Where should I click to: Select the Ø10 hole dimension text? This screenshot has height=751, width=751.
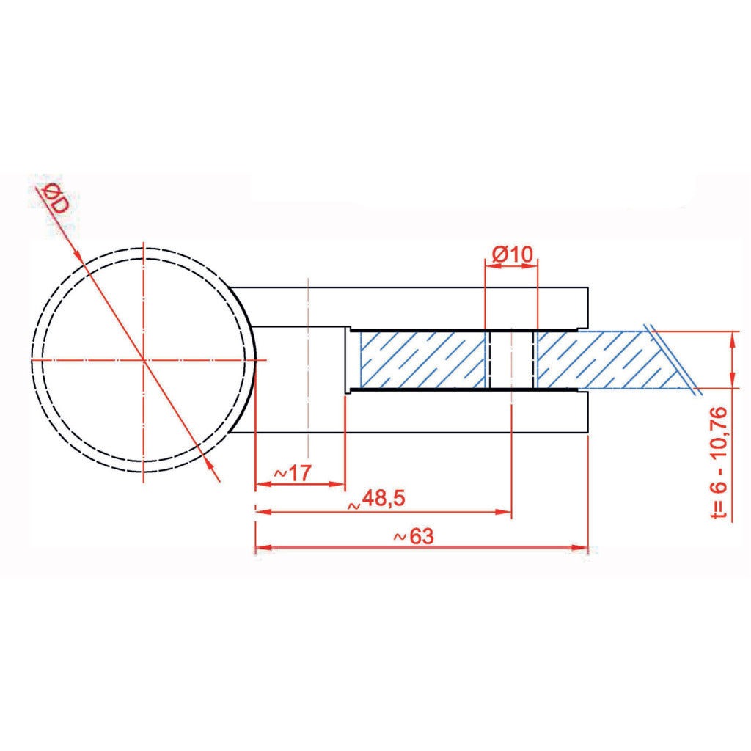(512, 254)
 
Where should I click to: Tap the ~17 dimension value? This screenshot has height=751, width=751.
(293, 473)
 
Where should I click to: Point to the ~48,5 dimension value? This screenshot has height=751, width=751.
(377, 499)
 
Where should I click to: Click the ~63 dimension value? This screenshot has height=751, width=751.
(414, 536)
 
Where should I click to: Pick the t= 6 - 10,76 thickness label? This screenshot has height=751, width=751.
(719, 463)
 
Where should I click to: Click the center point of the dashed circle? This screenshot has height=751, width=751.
(144, 359)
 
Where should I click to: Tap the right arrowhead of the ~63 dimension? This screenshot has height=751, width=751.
(579, 547)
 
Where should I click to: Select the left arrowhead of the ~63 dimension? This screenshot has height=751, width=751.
(264, 547)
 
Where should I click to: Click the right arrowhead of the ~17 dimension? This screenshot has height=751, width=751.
(337, 484)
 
